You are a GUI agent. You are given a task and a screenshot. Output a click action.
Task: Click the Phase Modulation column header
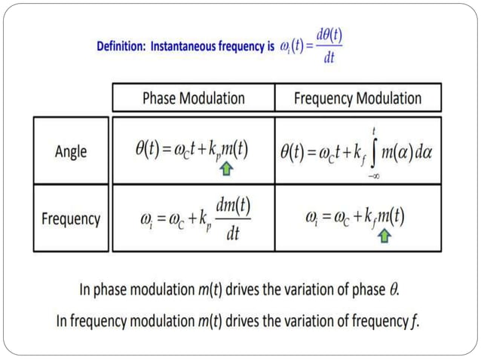click(x=194, y=98)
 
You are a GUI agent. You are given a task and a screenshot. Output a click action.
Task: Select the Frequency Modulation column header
click(x=357, y=98)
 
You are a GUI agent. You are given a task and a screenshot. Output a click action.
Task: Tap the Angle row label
click(x=71, y=151)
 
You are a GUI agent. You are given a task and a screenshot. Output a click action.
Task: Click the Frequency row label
click(x=71, y=219)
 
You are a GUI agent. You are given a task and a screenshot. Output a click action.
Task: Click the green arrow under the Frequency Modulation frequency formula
click(x=384, y=236)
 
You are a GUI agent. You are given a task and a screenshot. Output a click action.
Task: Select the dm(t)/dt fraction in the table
click(x=233, y=219)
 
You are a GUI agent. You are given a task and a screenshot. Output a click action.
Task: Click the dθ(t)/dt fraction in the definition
click(x=329, y=45)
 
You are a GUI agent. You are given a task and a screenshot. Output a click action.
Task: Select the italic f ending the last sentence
click(x=415, y=322)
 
